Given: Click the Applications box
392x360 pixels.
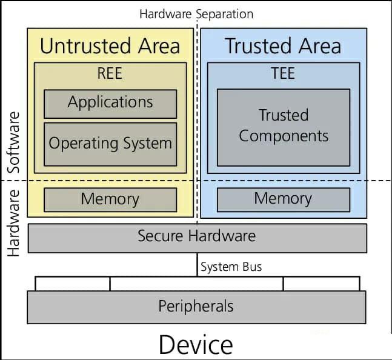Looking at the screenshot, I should click(x=110, y=103).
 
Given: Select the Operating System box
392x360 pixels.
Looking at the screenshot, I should click(x=110, y=144).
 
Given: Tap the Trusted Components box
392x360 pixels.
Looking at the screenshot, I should click(x=284, y=126).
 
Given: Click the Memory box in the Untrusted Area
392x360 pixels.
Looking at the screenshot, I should click(x=110, y=199).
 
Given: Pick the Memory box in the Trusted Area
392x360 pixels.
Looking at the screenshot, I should click(x=284, y=199).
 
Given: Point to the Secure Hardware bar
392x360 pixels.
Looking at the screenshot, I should click(x=197, y=237).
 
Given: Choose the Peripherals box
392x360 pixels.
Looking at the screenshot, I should click(x=196, y=307).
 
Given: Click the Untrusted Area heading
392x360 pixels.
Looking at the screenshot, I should click(x=110, y=46).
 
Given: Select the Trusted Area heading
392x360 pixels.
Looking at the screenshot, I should click(x=283, y=46).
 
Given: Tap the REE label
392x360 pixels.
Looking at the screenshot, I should click(x=110, y=74).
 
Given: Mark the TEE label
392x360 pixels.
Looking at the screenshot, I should click(x=283, y=74).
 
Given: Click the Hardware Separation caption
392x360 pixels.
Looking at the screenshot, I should click(x=196, y=14).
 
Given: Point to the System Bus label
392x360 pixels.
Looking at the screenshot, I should click(x=231, y=267).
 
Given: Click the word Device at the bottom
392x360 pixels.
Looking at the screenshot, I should click(x=196, y=345).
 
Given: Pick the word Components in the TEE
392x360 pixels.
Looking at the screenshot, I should click(x=284, y=136).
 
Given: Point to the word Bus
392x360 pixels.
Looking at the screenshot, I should click(x=253, y=267).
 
